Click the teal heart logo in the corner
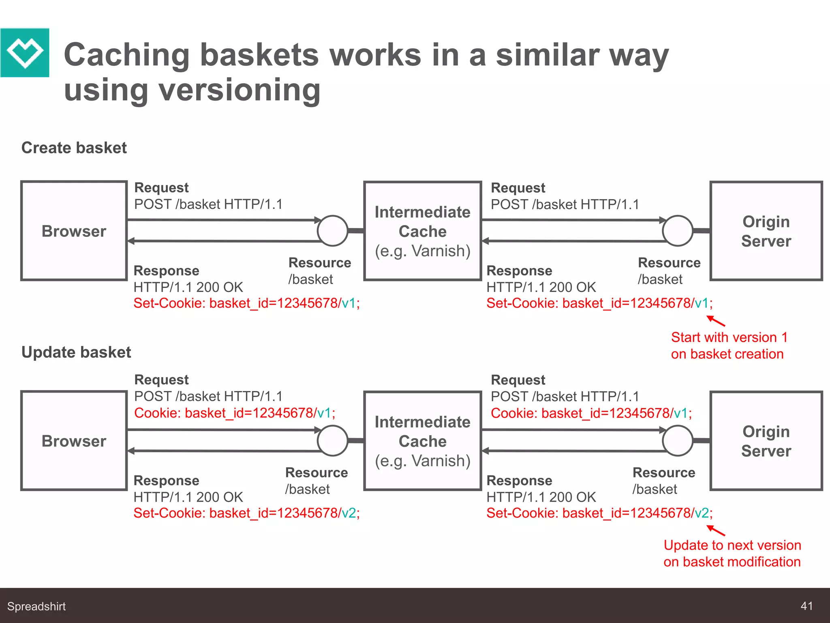[25, 53]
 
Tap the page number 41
[806, 606]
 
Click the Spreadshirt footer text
[36, 606]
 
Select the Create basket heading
[74, 148]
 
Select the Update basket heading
[76, 352]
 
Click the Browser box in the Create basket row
[74, 231]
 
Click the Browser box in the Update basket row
[74, 441]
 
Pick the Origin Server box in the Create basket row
[766, 231]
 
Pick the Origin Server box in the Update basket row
[766, 441]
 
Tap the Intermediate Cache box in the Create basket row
[423, 231]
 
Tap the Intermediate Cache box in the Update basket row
[423, 441]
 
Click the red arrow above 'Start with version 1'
[716, 321]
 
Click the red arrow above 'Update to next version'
[716, 531]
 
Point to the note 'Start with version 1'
[729, 346]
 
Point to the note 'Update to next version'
[732, 554]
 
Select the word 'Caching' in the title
[127, 55]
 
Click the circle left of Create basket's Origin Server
[678, 231]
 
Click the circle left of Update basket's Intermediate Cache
[333, 441]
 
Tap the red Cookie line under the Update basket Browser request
[235, 413]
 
